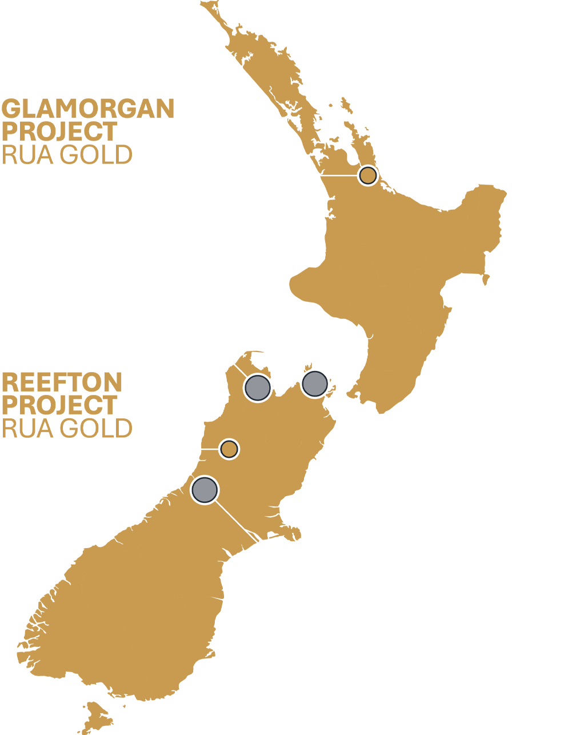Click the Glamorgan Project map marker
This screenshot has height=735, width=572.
coord(368,175)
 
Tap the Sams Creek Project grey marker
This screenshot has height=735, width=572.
coord(257,388)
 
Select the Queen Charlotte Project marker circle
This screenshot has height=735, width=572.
coord(314,384)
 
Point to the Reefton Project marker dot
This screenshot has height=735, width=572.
coord(229,449)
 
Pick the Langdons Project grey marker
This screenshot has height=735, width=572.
coord(205,489)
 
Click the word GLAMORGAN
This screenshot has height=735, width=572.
coord(88,109)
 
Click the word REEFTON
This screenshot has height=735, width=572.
coord(62,382)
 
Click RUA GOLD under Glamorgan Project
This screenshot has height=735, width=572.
coord(67,155)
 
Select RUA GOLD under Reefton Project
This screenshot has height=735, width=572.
coord(67,428)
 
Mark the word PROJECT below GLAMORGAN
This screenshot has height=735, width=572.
coord(59,132)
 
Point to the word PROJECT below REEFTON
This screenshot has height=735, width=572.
coord(59,405)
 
